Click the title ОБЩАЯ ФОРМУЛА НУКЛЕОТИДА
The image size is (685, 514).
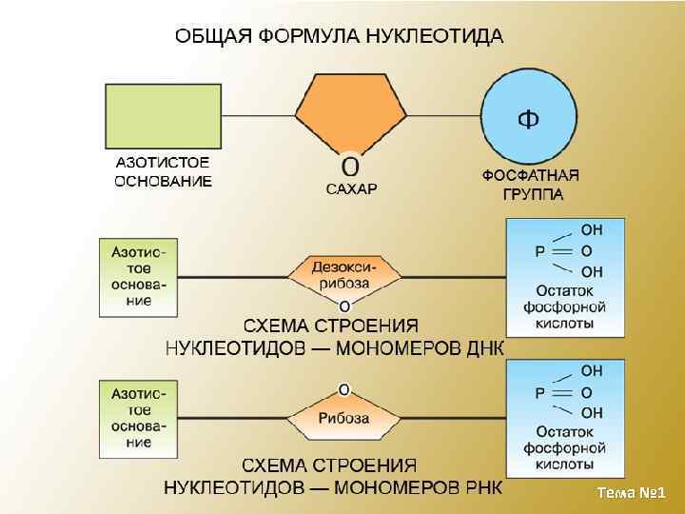(339, 37)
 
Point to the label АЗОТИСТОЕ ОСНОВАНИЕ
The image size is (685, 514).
(163, 172)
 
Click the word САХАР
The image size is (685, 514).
(351, 188)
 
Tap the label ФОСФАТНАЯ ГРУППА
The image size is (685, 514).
(531, 185)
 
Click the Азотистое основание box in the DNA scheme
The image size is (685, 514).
(139, 277)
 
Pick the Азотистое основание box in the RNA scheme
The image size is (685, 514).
(139, 417)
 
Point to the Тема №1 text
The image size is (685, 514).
(631, 492)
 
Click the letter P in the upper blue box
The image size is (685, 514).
(539, 250)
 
